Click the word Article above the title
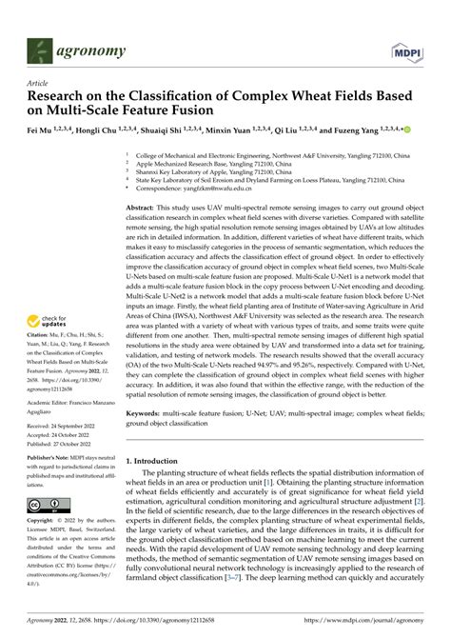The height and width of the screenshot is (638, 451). [x=38, y=84]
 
